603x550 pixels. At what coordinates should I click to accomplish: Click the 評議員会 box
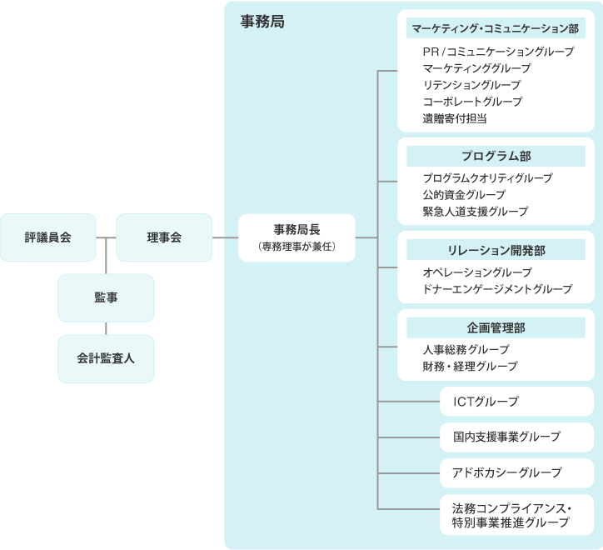click(x=48, y=237)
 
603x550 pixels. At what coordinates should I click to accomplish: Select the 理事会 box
click(x=164, y=237)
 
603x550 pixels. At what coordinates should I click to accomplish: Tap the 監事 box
click(x=106, y=297)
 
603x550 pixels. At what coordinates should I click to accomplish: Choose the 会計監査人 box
click(x=106, y=358)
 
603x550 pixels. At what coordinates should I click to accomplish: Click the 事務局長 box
click(x=297, y=237)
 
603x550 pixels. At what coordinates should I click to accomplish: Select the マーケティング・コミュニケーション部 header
click(x=496, y=28)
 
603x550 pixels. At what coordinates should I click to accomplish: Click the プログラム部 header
click(x=496, y=156)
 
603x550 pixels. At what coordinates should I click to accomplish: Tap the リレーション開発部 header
click(x=496, y=250)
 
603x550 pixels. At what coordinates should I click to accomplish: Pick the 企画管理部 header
click(x=496, y=327)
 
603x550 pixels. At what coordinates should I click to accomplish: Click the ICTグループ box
click(x=516, y=402)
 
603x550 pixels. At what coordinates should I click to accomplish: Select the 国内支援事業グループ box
click(x=516, y=437)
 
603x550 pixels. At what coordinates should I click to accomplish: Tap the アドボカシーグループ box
click(x=516, y=472)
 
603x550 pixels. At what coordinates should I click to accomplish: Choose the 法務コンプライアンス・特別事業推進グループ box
click(x=516, y=515)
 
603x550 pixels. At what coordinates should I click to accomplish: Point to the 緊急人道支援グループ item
click(x=475, y=212)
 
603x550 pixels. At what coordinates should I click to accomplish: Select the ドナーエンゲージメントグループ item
click(x=496, y=289)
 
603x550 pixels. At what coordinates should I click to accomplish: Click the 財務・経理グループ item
click(x=470, y=367)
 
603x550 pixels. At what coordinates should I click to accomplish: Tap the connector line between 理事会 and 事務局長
click(x=225, y=237)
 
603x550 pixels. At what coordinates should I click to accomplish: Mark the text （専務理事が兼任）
click(x=297, y=247)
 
